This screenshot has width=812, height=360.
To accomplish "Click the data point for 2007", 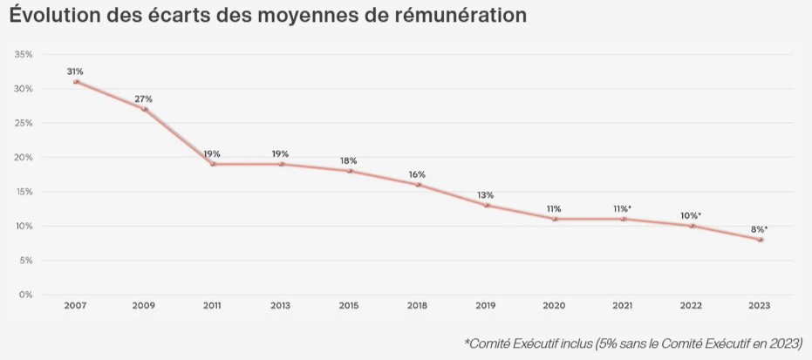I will point(76,82).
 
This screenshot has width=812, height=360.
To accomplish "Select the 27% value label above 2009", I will point(144,98).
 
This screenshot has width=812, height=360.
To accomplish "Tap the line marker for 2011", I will point(212,164).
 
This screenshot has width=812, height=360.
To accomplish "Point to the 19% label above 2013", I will point(280,153).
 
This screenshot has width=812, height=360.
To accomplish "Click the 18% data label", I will point(349,160).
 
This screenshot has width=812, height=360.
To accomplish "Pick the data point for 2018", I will point(418,185).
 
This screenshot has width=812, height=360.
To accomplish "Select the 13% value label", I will point(486,194).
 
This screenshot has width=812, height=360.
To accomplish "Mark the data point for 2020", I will point(555,219).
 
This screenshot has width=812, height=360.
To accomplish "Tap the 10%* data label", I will point(693,215).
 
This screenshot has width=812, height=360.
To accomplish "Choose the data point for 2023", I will point(761,240).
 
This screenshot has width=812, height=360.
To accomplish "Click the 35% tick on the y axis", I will point(24,54).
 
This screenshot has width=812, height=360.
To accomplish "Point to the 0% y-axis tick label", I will point(26,295).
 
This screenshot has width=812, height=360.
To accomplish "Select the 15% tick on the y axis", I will point(24,192).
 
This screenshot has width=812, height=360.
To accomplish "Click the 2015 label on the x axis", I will point(349,306).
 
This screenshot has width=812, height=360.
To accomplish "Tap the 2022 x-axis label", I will point(692,306).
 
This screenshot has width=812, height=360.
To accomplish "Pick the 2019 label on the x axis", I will point(486,306).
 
